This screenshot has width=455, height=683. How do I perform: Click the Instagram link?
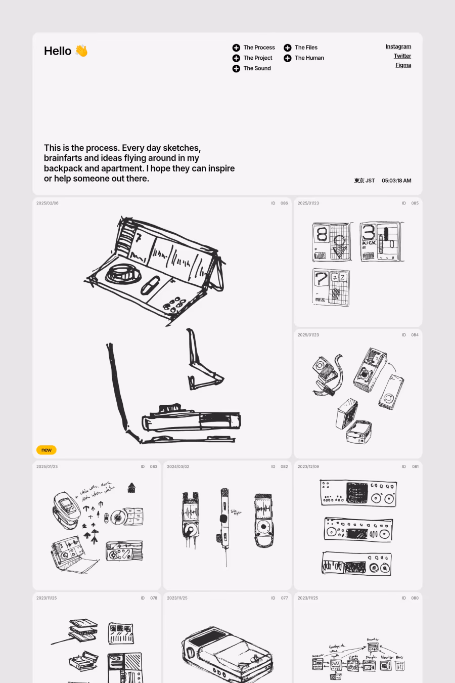398,47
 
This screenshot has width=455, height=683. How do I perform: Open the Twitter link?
402,56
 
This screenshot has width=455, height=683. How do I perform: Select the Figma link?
403,65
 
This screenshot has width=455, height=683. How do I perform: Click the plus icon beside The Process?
236,48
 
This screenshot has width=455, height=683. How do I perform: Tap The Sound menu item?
257,68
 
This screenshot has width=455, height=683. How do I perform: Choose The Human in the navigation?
309,58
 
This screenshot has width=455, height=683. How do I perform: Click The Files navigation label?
306,48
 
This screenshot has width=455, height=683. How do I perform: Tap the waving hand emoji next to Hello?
81,51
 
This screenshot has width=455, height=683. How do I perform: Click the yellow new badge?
47,450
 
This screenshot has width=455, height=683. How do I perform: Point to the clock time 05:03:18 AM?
396,181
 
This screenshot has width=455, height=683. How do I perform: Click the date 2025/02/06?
48,203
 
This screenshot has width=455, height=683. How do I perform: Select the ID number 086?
284,203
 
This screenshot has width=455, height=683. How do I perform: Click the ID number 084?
415,335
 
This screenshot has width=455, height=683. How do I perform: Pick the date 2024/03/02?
178,466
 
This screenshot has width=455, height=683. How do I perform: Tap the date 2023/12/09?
308,466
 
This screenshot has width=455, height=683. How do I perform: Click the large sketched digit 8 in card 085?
322,234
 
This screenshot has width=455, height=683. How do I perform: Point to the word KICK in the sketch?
369,243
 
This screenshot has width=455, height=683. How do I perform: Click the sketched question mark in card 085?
321,279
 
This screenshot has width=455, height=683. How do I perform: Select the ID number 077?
284,598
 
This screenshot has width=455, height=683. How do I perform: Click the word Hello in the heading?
58,51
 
